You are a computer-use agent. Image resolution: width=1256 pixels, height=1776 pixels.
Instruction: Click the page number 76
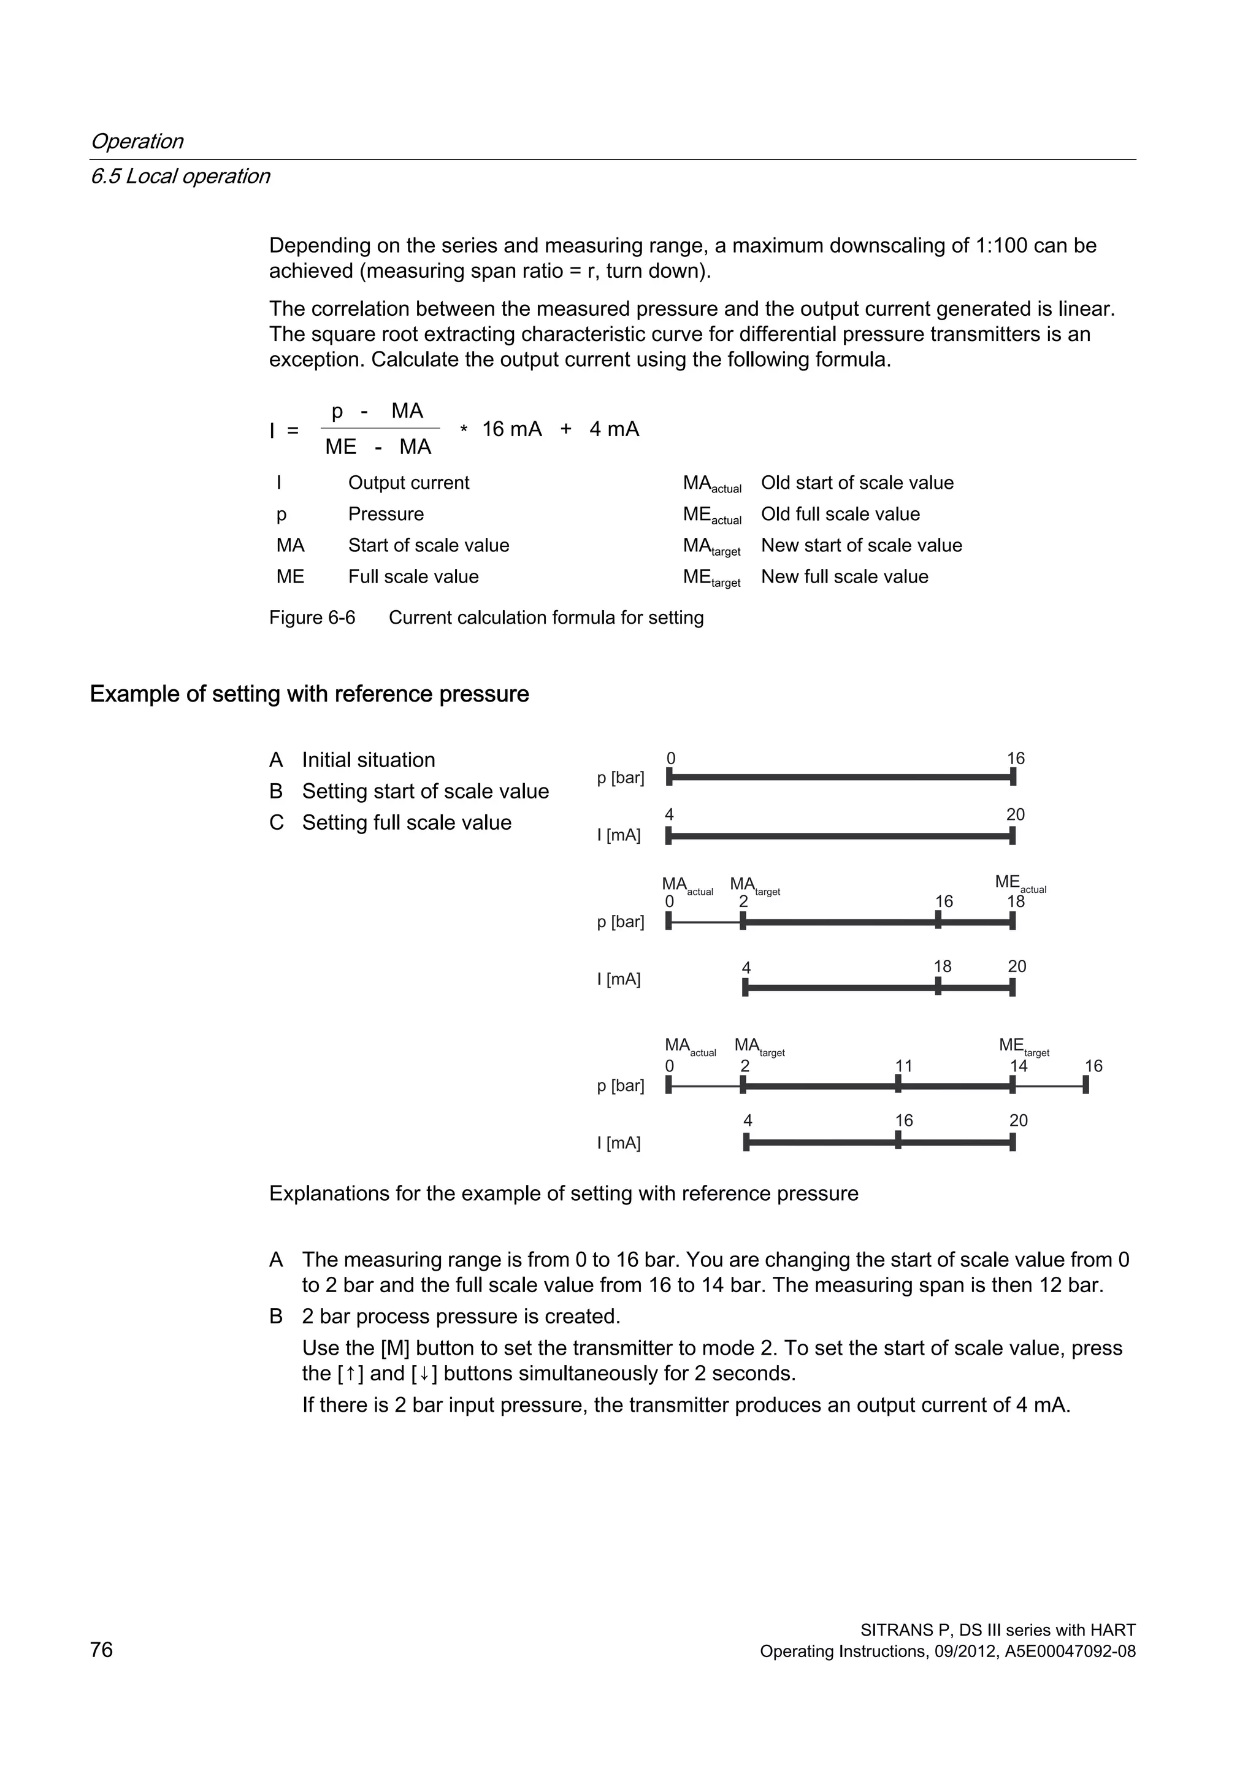pos(101,1650)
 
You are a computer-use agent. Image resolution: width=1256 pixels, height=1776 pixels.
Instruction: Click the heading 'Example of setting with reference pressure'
pos(309,694)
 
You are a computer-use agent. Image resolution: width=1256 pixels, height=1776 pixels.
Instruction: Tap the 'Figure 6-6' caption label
pos(312,618)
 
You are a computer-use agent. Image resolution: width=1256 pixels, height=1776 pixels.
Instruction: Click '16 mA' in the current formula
pos(511,429)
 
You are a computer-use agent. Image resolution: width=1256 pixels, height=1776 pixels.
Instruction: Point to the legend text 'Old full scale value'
pos(840,515)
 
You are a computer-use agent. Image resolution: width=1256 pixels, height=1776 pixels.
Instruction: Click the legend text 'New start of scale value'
pos(861,545)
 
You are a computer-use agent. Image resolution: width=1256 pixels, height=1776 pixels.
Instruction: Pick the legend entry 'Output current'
pos(408,483)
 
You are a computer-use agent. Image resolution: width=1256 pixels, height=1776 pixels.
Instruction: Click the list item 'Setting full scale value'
pos(406,822)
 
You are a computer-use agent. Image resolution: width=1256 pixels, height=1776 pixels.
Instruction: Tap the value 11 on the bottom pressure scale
pos(903,1066)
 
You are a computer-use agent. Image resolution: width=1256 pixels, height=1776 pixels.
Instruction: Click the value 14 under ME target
pos(1018,1066)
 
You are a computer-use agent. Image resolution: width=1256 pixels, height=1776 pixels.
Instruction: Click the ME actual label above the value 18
pos(1019,882)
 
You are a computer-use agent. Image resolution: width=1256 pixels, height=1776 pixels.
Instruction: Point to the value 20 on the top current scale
pos(1015,814)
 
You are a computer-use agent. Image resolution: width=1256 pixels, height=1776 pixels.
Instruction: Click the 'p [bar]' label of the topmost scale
pos(620,778)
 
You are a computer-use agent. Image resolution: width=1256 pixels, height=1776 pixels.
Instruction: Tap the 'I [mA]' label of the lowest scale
pos(619,1143)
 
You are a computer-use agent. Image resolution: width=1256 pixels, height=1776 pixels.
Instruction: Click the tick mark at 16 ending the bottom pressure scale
pos(1085,1085)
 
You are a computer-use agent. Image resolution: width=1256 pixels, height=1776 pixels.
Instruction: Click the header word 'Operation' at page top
pos(137,142)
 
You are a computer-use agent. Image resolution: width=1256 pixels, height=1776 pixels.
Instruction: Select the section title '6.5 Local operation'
pos(180,177)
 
